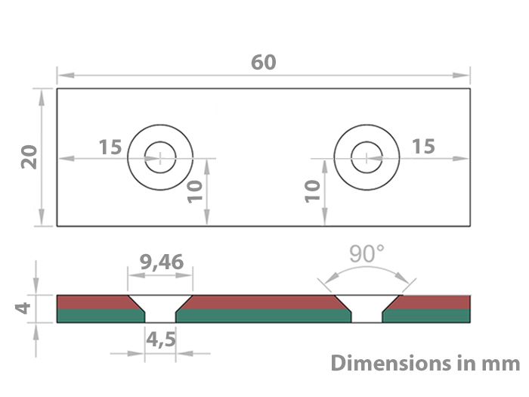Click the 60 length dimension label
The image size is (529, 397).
[x=264, y=62]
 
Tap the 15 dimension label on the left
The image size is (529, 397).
[x=110, y=146]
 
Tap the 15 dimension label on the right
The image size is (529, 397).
[x=423, y=146]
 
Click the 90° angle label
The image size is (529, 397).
[x=367, y=254]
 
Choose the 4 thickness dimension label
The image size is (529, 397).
[x=24, y=308]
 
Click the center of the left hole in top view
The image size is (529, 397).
[x=160, y=157]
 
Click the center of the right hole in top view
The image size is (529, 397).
[x=367, y=157]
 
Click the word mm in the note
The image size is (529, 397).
[x=502, y=363]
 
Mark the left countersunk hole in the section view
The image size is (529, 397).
[x=160, y=308]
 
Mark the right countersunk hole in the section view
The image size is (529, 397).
[x=367, y=308]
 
